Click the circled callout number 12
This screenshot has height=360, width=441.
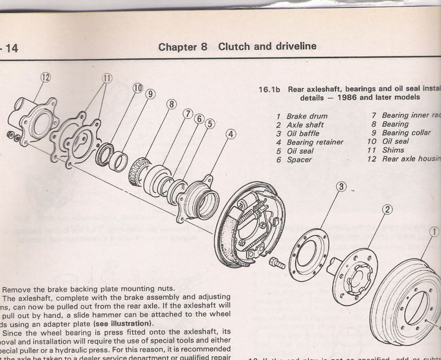tap(46, 79)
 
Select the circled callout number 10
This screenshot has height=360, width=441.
tap(137, 88)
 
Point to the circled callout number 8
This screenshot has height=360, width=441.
tap(171, 104)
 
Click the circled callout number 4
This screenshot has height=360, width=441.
tap(231, 134)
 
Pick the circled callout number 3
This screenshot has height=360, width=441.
tap(341, 187)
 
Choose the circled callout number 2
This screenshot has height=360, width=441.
tap(388, 209)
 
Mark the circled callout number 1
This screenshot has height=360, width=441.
tap(435, 232)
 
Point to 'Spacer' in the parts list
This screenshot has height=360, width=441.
tap(299, 160)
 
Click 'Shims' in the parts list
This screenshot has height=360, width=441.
tap(392, 151)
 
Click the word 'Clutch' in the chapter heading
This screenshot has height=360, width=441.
tap(233, 46)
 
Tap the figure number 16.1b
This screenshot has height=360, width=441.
tap(271, 88)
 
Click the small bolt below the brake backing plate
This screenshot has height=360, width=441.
tap(278, 264)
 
